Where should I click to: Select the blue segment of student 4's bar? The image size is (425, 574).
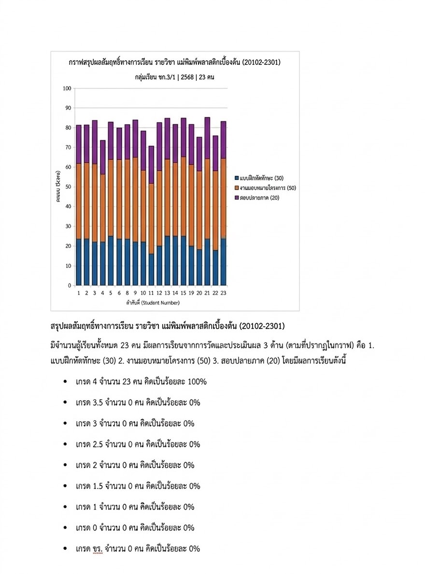(x=102, y=264)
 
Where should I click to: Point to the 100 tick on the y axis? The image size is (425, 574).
(x=67, y=88)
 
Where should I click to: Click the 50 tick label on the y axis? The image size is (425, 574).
(x=68, y=187)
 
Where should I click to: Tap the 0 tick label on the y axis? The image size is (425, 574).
(x=69, y=285)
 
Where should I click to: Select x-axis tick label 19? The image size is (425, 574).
(x=191, y=293)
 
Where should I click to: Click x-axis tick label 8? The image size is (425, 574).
(x=127, y=293)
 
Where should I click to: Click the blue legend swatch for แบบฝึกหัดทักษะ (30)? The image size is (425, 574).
(x=236, y=178)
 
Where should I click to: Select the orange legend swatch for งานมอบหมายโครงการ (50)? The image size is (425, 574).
(x=236, y=188)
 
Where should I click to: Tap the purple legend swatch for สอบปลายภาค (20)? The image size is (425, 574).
(x=236, y=197)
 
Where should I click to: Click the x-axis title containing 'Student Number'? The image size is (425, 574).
(x=151, y=302)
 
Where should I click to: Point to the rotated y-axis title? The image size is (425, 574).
(x=58, y=187)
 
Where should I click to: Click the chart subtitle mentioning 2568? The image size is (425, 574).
(x=174, y=77)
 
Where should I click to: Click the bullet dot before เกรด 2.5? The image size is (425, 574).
(x=65, y=444)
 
